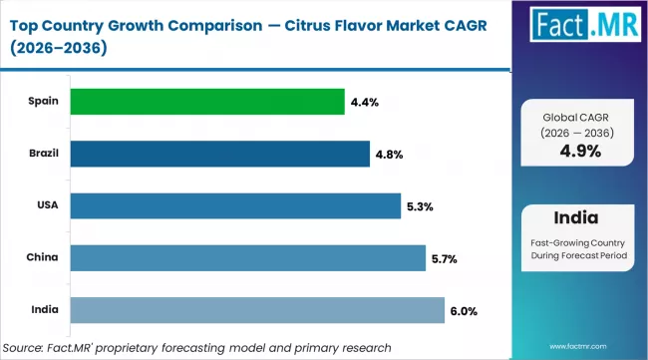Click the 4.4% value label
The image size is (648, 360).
click(364, 101)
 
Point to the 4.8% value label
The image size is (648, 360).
click(389, 154)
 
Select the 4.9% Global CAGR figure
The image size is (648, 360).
click(582, 153)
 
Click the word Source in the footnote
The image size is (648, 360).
click(27, 345)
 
